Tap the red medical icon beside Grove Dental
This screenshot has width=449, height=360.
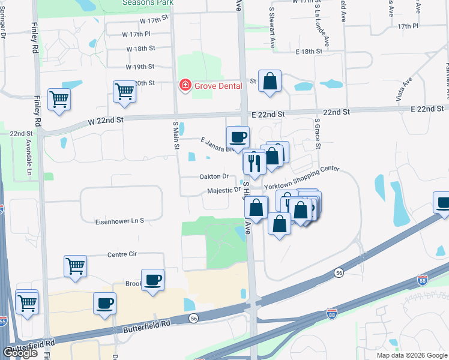point(185,86)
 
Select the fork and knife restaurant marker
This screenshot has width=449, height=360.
point(254,163)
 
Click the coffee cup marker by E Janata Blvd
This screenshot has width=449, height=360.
point(238,137)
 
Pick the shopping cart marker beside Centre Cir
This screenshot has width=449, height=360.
point(76,266)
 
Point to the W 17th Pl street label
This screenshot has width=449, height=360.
point(135,35)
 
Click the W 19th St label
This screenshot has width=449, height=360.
point(140,67)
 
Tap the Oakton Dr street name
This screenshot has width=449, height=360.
point(214,176)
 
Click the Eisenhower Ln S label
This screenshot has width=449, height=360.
point(119,221)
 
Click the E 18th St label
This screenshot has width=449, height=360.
point(309,53)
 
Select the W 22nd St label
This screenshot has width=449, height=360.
point(105,120)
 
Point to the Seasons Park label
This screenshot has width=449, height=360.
point(148,3)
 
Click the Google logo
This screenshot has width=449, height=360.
point(20,353)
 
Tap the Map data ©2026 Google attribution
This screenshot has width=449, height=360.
point(411,355)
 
